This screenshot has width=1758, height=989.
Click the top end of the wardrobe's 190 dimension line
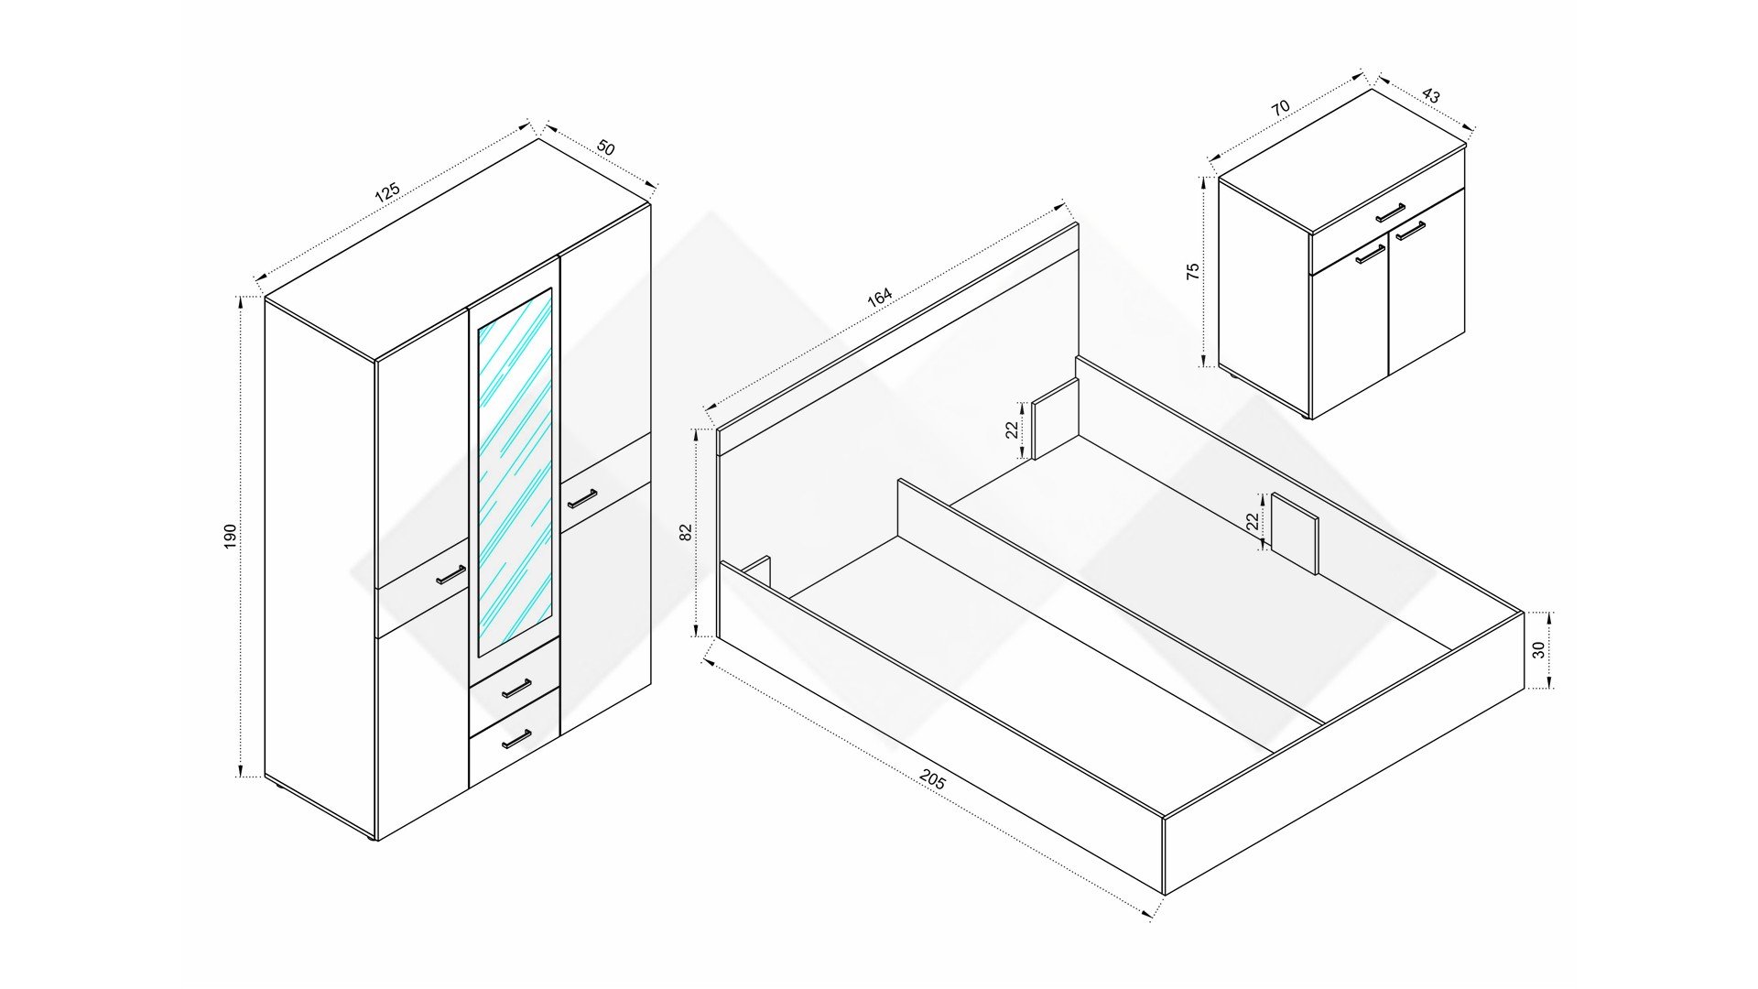coord(242,297)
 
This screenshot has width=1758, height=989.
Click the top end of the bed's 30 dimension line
coord(1549,612)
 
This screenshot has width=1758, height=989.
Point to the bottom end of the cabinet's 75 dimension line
coord(1204,365)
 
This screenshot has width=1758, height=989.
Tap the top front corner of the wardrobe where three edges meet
coord(376,360)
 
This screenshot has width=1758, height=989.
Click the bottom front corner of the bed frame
coord(1164,895)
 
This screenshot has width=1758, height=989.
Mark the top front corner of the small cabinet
coord(1311,233)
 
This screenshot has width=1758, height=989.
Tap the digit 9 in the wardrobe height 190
coord(230,537)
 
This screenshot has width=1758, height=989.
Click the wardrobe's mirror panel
coord(515,472)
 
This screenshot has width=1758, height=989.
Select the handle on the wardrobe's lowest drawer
coord(516,738)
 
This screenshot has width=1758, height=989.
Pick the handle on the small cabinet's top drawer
coord(1390,212)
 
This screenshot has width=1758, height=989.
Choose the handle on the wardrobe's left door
coord(450,574)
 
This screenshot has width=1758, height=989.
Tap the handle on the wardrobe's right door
coord(581,499)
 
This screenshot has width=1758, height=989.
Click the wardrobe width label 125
coord(387,192)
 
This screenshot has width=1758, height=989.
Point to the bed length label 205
coord(932,779)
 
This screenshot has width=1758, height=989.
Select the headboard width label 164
coord(879,298)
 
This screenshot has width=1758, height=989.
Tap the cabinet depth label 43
coord(1431,96)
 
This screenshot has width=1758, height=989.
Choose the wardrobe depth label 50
coord(605,147)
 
